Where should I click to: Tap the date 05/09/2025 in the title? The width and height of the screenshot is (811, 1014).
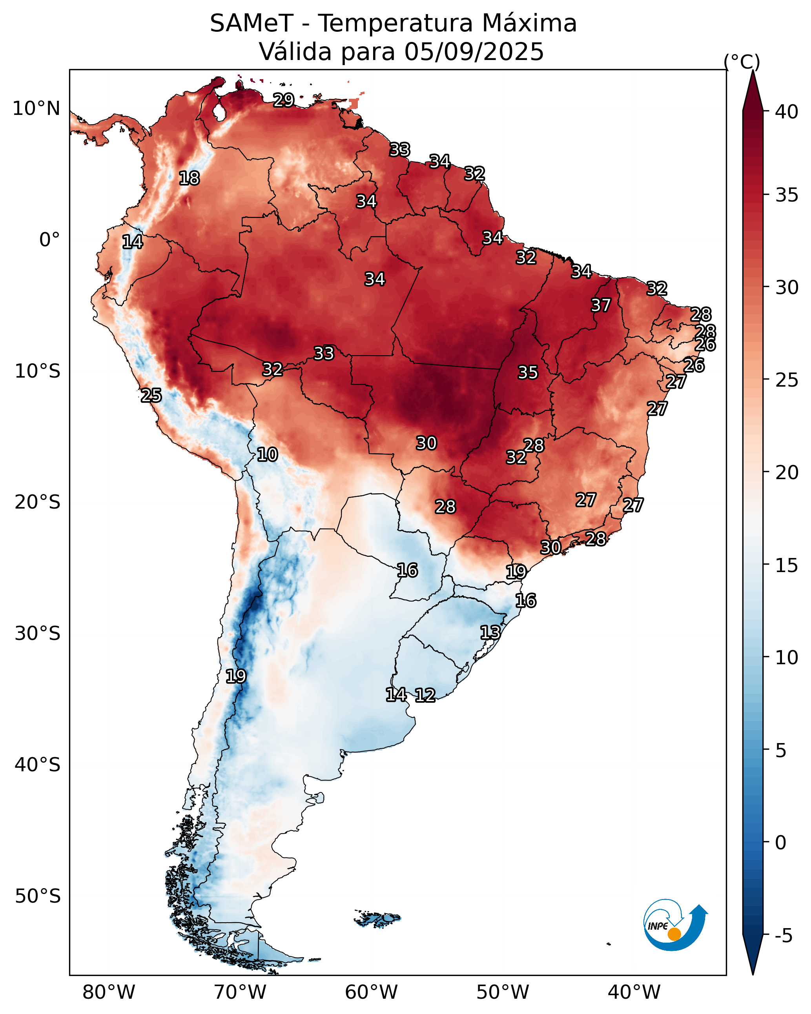point(474,52)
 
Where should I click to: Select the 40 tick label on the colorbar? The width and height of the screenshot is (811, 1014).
point(787,112)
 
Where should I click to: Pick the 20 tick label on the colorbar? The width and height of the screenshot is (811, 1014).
point(787,472)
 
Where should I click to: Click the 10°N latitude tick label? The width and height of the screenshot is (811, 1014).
point(36,109)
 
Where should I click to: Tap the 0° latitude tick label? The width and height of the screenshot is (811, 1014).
point(49,240)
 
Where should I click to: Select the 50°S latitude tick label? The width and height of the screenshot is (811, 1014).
point(38,896)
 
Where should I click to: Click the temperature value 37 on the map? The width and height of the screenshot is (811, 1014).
point(601,305)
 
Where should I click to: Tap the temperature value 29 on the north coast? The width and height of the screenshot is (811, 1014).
point(284,100)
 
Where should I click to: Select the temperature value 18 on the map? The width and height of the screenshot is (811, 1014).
point(189,178)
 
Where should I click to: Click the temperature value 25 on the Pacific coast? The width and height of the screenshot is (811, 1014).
point(151,396)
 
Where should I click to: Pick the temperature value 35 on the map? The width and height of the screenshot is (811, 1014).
point(528,373)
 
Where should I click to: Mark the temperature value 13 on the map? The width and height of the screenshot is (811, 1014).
point(490,632)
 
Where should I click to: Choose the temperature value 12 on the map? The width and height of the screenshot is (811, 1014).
point(425,695)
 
